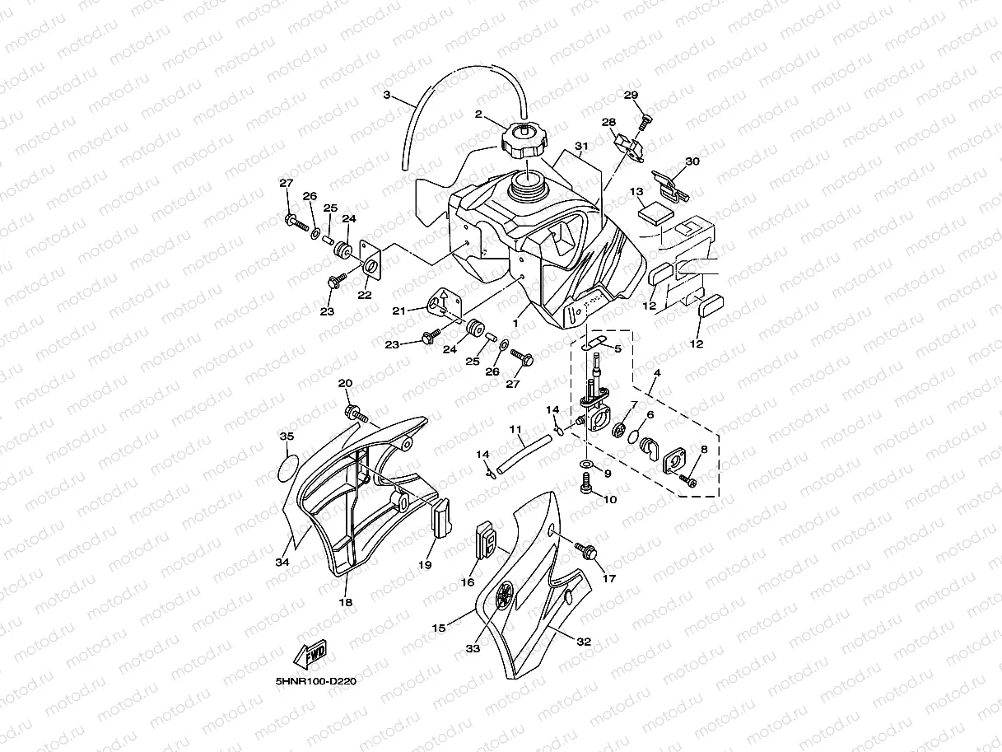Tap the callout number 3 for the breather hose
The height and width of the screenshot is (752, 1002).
click(x=387, y=95)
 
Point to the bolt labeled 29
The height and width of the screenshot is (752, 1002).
click(x=644, y=123)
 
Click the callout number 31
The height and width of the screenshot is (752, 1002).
click(x=582, y=146)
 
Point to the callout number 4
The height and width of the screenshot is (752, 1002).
click(x=656, y=373)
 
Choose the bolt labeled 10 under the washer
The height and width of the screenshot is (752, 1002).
click(x=586, y=488)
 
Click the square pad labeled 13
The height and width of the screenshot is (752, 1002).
click(x=655, y=211)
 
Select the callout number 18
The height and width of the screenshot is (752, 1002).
click(x=346, y=602)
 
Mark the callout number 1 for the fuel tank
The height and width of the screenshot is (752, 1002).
click(x=516, y=325)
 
